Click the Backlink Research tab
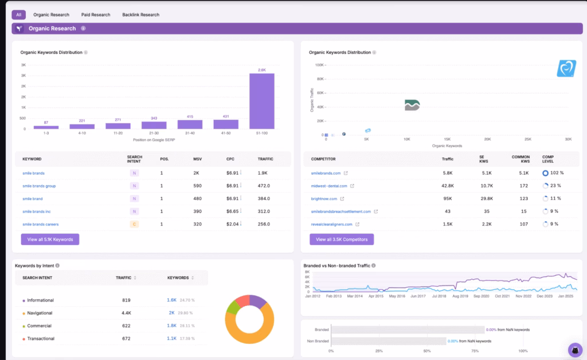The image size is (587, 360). (140, 14)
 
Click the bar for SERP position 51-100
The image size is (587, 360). (261, 101)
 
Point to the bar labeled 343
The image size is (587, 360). (154, 125)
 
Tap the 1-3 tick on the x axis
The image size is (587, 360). (46, 133)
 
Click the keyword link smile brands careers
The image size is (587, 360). (40, 224)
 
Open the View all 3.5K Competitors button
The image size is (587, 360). (342, 239)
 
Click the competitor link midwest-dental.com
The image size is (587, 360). (329, 186)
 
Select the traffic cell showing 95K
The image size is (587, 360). (447, 198)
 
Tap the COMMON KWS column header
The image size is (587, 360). (521, 159)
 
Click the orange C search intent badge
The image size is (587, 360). (134, 224)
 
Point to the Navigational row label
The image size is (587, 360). (40, 313)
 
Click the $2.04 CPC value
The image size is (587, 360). (233, 224)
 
